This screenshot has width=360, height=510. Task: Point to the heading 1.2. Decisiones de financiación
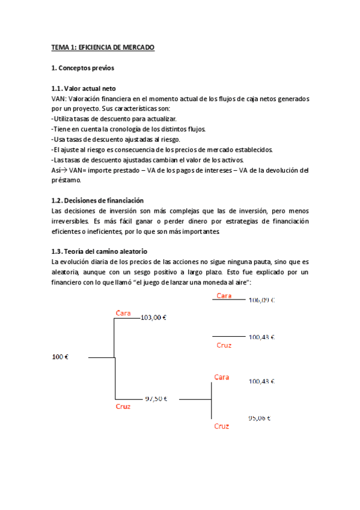(97, 200)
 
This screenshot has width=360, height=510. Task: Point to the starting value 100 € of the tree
(60, 357)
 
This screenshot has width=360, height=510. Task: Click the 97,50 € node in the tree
(156, 398)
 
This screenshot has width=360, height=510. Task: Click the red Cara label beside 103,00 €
(123, 313)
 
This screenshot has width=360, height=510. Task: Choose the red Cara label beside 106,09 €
(224, 295)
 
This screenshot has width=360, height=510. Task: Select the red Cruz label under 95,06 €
(222, 426)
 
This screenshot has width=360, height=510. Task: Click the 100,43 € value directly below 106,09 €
(261, 337)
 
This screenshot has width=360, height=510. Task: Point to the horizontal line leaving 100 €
(101, 358)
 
